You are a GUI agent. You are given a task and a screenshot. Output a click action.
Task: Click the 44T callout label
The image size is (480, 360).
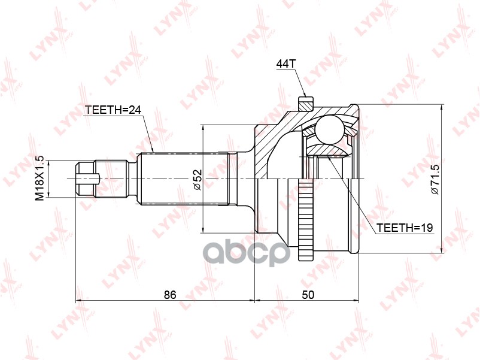[286, 63]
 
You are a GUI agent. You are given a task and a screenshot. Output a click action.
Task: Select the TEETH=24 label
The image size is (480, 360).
[113, 110]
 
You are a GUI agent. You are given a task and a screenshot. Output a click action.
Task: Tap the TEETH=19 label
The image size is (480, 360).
[405, 228]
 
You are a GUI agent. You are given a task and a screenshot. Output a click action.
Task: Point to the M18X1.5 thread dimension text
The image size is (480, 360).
[40, 179]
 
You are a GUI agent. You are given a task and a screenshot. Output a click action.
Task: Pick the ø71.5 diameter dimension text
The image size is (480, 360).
[435, 179]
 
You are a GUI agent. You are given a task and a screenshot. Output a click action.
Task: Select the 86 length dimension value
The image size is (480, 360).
[170, 295]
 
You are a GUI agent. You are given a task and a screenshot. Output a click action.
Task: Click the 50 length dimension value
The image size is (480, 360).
[308, 295]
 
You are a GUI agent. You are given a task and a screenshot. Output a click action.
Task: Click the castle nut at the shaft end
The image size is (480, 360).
[86, 179]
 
